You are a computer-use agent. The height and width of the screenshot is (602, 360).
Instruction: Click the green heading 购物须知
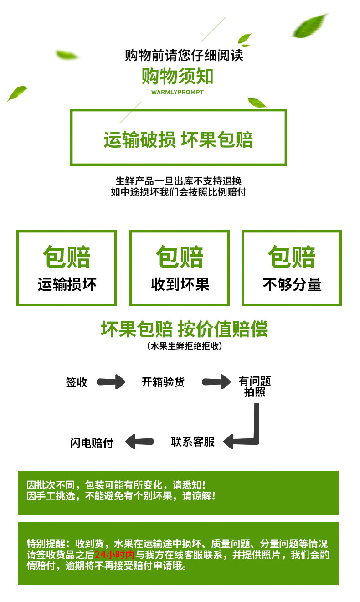[x=177, y=76]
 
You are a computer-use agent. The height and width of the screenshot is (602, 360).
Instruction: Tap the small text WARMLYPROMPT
[x=177, y=92]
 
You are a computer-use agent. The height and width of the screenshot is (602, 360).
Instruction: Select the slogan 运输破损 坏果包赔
[x=178, y=139]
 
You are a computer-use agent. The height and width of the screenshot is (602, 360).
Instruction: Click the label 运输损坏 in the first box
[x=67, y=285]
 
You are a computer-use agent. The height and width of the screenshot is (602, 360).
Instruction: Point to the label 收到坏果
[x=180, y=285]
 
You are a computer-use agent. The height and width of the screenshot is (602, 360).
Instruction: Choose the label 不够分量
[x=292, y=285]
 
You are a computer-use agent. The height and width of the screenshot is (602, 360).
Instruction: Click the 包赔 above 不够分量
[x=292, y=257]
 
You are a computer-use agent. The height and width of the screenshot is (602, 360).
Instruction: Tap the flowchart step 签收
[x=76, y=382]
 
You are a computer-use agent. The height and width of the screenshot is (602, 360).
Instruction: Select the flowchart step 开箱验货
[x=163, y=382]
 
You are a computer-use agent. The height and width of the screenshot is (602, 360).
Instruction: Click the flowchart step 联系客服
[x=193, y=441]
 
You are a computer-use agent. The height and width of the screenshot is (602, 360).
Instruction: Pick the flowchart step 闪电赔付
[x=92, y=442]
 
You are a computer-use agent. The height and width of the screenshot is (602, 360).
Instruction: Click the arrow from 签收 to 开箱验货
[x=111, y=381]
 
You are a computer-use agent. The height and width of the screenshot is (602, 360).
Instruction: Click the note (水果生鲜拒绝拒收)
[x=185, y=346]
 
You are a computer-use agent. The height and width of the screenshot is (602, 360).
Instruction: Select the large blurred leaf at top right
[x=309, y=26]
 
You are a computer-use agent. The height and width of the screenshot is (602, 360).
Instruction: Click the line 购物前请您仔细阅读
[x=184, y=55]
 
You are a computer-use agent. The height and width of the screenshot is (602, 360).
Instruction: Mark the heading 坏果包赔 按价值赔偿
[x=184, y=329]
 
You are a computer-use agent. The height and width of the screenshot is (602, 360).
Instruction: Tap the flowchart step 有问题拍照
[x=255, y=386]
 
